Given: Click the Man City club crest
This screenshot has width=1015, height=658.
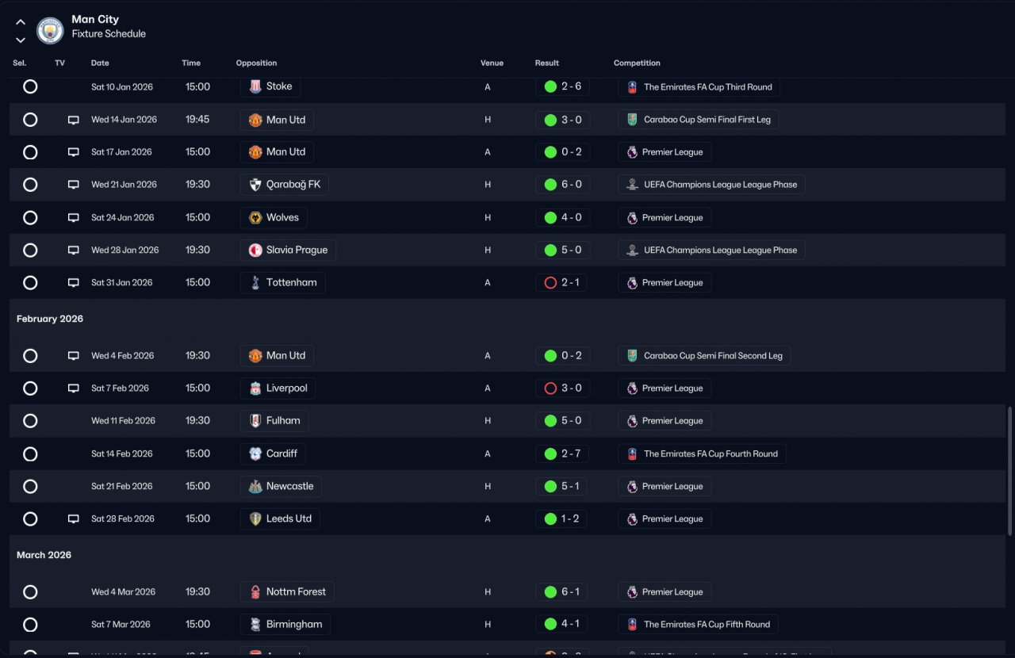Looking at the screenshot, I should pos(50,30).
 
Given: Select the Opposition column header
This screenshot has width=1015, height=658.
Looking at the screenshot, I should pos(256,63).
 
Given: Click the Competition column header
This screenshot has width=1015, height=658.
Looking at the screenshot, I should pos(637,63).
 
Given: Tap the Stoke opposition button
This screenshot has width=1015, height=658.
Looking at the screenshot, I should pos(270,86).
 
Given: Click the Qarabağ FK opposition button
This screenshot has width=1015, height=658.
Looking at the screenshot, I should pos(284,185).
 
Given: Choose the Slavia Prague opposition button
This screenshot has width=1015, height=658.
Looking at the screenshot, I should pos(288,250).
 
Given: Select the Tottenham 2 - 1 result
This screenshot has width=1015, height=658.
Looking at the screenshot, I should pos(561,282).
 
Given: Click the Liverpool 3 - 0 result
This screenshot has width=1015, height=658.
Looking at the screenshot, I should pos(561,388).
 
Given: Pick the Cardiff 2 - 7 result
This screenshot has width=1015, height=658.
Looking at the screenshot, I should pos(561,453).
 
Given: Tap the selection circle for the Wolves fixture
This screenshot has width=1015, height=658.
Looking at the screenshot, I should pos(30,217).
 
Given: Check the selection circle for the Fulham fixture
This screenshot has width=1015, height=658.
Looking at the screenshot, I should pos(30,421).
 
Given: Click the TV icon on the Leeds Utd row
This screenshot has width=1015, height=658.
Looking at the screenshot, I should pos(74,519).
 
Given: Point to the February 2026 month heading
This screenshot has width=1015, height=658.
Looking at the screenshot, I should pos(50,319).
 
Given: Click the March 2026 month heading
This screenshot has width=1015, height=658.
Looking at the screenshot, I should pos(44,555).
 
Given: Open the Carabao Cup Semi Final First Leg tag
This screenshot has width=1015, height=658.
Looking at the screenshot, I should pos(699,120).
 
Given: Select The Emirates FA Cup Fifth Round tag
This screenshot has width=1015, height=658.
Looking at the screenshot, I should pos(698,624).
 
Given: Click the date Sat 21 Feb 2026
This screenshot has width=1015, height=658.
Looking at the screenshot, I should pos(122,486).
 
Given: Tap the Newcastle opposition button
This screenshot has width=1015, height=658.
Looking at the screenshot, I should pos(281,486).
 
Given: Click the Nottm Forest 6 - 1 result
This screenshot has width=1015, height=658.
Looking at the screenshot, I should pos(561,591).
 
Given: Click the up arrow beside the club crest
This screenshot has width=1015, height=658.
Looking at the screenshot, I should pos(21,22).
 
